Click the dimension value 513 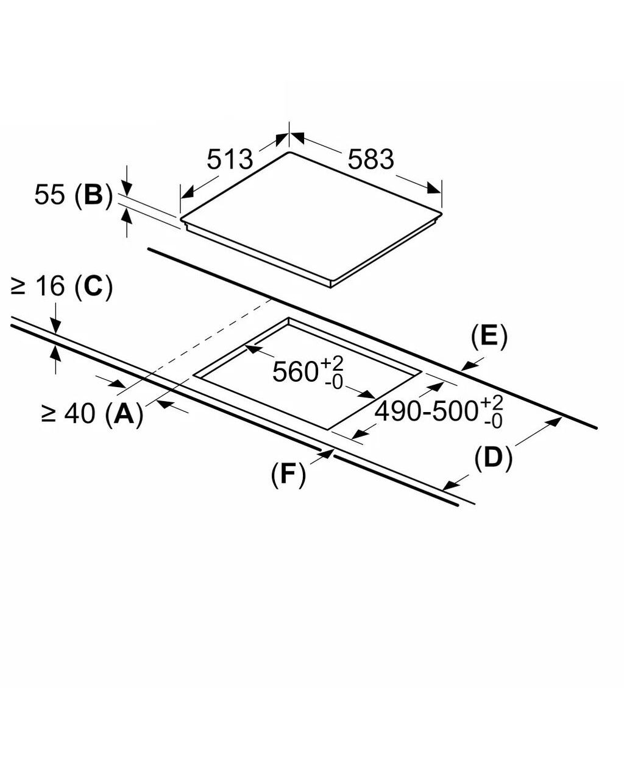click(x=230, y=159)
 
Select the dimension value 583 click(x=370, y=159)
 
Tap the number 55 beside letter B click(x=50, y=195)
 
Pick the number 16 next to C click(x=51, y=286)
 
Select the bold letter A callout click(x=124, y=413)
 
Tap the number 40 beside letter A click(x=80, y=413)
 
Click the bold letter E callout click(x=489, y=336)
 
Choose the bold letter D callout click(x=494, y=457)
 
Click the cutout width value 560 click(x=295, y=372)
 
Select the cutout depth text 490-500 click(x=426, y=411)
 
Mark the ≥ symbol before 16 click(x=18, y=287)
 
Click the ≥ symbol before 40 click(x=49, y=415)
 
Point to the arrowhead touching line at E click(x=468, y=366)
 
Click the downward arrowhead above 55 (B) click(x=127, y=187)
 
